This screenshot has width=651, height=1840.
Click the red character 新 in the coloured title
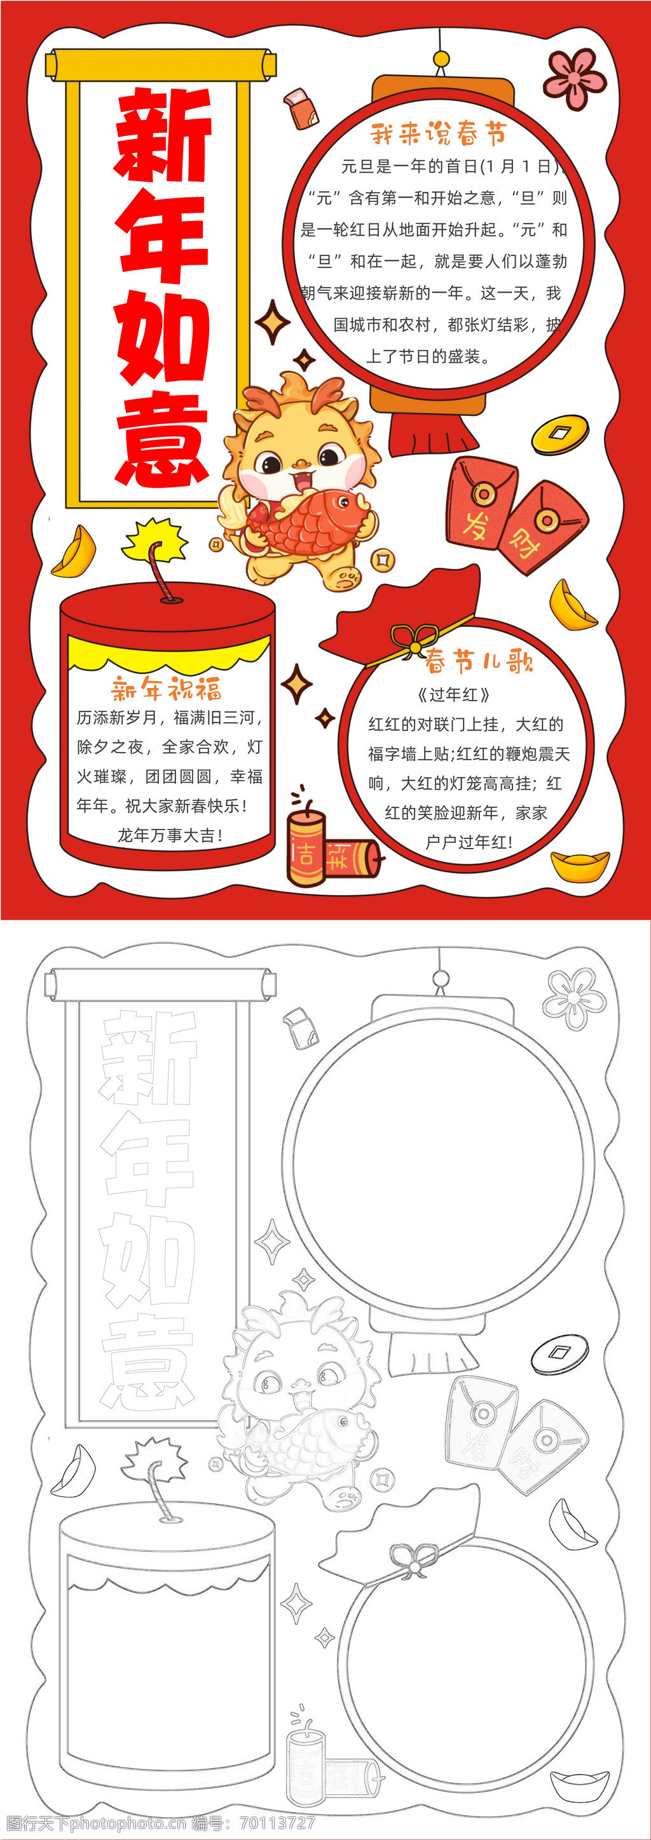pos(163,133)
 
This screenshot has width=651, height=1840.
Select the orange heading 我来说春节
pos(438,133)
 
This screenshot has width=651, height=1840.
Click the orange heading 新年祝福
pos(167,689)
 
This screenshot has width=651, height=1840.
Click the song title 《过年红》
pos(453,694)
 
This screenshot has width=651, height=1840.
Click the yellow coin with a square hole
pos(560,434)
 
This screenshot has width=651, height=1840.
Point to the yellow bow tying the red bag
pos(414,640)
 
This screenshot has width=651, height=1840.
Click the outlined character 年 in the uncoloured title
pos(148,1160)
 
